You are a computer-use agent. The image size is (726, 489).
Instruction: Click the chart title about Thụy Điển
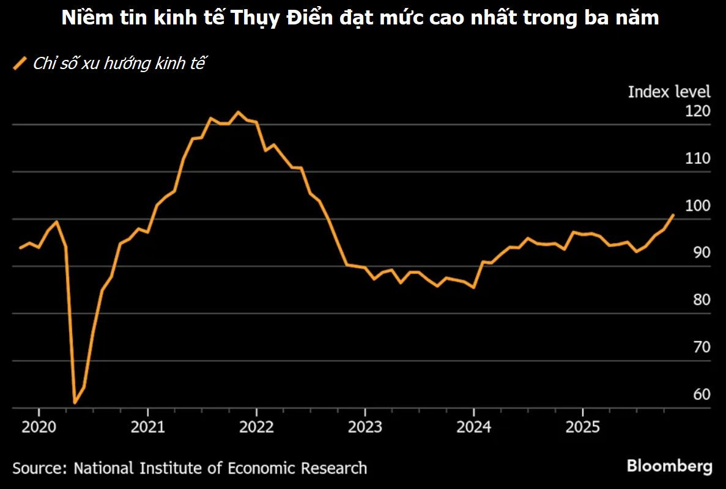360,18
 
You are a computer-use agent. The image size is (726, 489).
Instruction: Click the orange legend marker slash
21,63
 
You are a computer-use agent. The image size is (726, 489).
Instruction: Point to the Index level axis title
669,92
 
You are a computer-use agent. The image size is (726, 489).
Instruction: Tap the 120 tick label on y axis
698,111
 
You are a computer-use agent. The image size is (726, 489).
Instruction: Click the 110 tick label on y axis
698,158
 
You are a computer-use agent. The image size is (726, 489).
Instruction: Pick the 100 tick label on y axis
698,205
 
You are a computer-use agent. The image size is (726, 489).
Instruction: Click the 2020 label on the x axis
39,426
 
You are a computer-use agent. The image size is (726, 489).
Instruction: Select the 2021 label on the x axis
147,426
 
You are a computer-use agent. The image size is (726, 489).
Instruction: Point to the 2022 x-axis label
256,426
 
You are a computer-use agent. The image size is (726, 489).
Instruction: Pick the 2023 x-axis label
365,426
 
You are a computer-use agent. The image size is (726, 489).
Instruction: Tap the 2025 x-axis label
583,426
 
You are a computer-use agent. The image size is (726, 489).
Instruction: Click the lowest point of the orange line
75,403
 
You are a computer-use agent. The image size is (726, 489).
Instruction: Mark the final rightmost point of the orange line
673,215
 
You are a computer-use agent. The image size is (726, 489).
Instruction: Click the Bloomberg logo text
669,466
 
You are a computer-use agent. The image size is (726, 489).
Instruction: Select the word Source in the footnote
39,468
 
